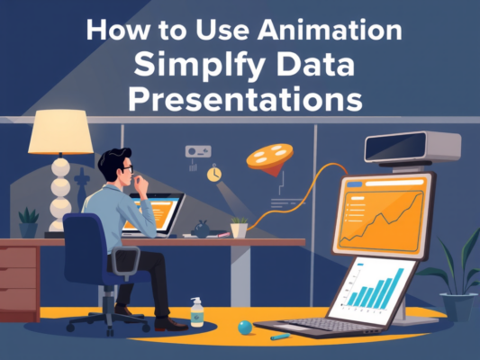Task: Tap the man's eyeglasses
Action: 128,167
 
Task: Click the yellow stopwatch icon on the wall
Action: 214,172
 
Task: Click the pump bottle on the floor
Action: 197,311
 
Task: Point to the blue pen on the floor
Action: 281,336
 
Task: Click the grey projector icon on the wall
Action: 196,152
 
